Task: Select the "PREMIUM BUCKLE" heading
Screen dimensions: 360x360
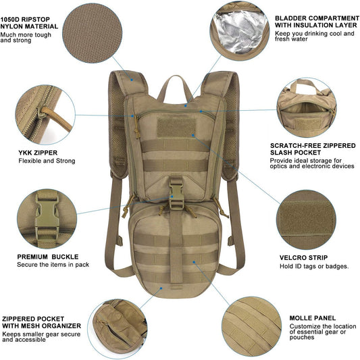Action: pos(48,257)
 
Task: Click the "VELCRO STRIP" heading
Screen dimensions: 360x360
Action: pos(304,258)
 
